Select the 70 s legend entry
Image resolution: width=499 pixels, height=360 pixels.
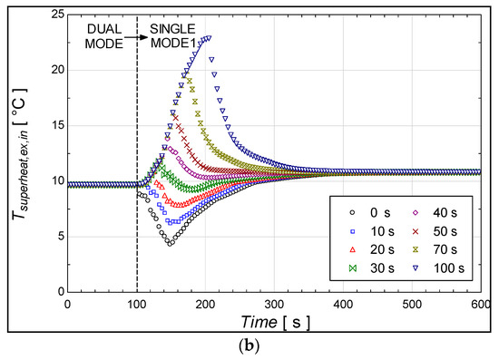pos(437,246)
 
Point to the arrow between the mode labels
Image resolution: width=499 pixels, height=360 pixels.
pos(140,37)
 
